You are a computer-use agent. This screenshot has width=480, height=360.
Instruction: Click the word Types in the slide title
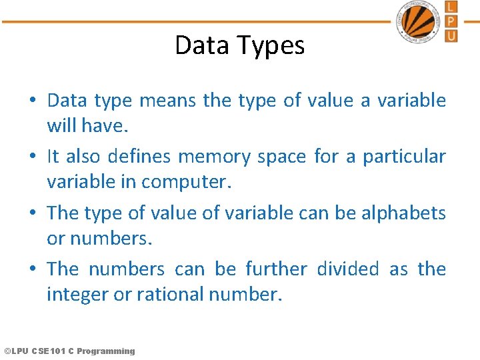click(273, 46)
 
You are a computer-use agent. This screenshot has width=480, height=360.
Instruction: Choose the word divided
click(347, 269)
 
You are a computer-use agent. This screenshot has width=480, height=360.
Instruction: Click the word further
click(276, 269)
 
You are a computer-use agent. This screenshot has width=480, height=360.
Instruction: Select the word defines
click(139, 157)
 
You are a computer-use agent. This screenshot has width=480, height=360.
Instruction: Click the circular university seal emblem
click(418, 22)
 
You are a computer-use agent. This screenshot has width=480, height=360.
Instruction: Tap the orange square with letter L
click(451, 7)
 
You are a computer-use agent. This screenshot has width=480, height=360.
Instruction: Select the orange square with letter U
click(451, 35)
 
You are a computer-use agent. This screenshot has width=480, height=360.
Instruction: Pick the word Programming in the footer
click(105, 351)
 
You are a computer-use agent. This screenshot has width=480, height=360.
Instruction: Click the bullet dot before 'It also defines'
click(32, 157)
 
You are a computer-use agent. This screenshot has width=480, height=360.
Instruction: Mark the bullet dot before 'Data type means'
click(32, 101)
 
